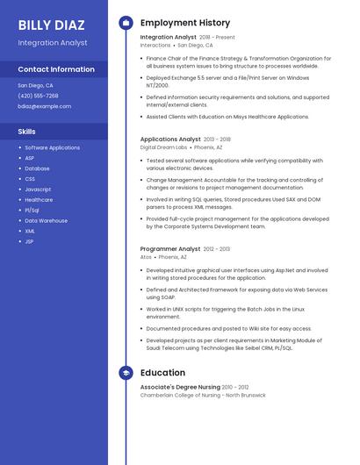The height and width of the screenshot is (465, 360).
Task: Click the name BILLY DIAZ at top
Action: coord(52,25)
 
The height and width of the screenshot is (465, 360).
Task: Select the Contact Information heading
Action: coord(56,68)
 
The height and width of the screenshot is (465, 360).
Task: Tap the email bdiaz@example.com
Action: coord(44,106)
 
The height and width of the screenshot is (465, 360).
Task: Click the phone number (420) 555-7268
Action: coord(38,96)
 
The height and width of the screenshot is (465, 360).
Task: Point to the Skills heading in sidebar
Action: coord(27,131)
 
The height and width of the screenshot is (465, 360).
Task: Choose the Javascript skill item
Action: coord(38,190)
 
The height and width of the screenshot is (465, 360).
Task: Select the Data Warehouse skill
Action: coord(46,220)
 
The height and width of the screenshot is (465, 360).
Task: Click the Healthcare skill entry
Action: coord(39,200)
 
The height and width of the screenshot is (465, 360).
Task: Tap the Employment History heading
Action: coord(185,23)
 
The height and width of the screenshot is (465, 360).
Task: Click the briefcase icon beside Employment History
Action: coord(126,23)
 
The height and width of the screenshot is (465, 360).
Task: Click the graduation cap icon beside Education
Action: coord(126,373)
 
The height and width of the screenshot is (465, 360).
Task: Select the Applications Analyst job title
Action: coord(170,139)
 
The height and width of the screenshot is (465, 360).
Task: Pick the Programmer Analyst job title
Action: coord(170,249)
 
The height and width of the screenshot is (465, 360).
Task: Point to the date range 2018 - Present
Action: coord(217,38)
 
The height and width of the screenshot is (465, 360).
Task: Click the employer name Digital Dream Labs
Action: coord(163,147)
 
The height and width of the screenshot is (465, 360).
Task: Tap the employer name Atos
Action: coord(146,258)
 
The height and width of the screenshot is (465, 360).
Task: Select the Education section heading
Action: coord(162,373)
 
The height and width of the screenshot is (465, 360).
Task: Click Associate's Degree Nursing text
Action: coord(180,387)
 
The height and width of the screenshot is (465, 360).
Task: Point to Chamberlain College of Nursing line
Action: coord(203,395)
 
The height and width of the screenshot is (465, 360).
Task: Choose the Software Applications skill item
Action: coord(52,147)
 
